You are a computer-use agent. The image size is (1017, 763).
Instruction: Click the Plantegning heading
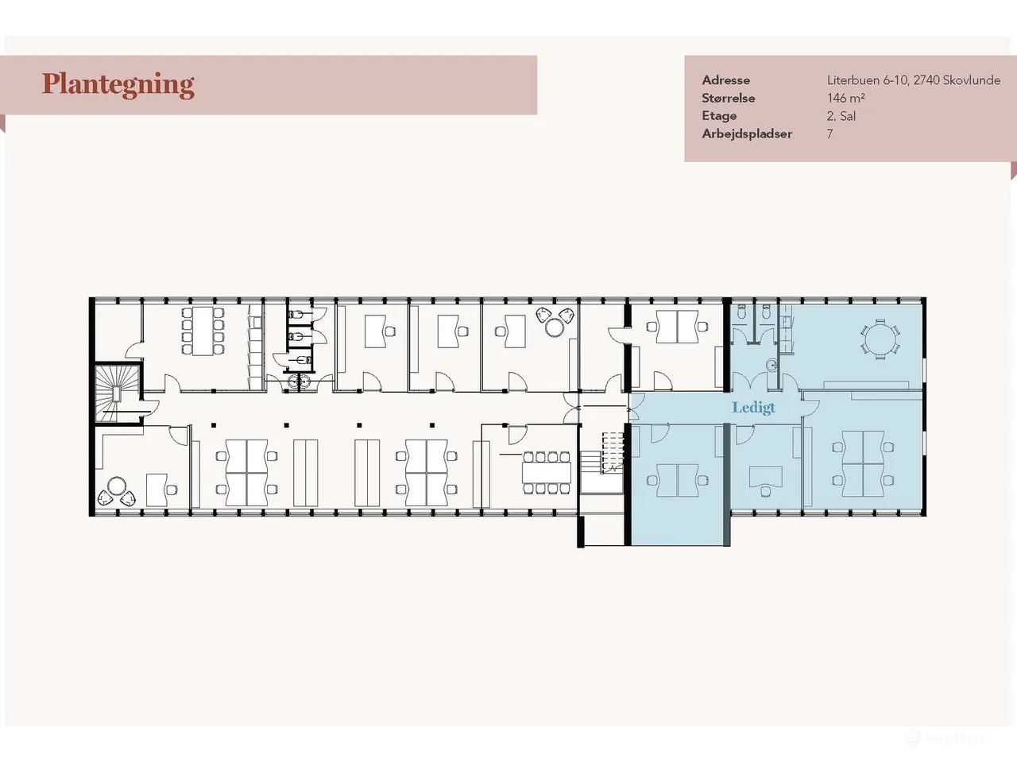(118, 85)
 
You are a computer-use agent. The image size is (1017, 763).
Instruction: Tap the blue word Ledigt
(753, 408)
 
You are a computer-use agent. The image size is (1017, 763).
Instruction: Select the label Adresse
(725, 80)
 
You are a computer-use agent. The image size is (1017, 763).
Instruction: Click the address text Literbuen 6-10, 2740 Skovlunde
(914, 80)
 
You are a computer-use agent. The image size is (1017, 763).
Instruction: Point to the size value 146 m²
(846, 99)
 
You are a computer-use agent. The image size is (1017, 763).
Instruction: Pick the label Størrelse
(729, 99)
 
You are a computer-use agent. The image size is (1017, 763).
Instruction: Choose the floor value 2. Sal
(841, 116)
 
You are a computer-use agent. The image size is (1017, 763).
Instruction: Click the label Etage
(719, 116)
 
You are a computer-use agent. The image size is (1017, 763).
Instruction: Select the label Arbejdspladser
(747, 134)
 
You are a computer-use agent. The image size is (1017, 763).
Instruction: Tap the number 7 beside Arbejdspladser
(829, 134)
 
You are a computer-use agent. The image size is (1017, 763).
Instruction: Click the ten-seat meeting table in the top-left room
(203, 331)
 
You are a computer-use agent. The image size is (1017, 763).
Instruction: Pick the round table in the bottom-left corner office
(116, 487)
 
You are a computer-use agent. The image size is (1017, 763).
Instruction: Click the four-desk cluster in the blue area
(863, 463)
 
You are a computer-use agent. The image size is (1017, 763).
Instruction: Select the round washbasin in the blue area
(772, 366)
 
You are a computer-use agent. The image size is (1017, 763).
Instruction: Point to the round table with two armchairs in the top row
(555, 327)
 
